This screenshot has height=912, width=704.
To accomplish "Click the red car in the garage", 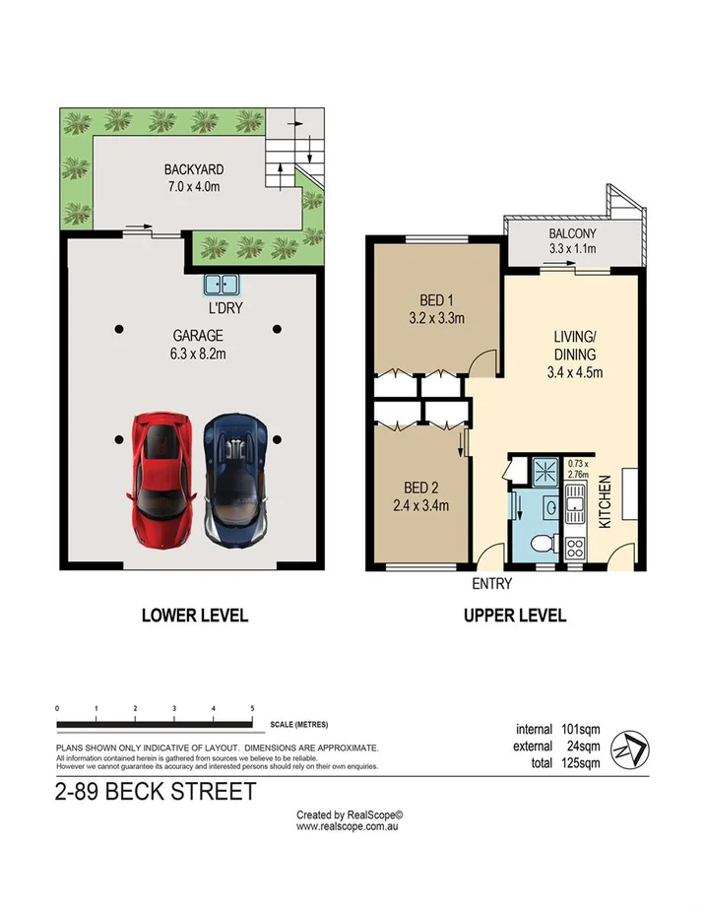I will [x=159, y=480].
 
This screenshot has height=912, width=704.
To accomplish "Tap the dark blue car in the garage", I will [x=234, y=480].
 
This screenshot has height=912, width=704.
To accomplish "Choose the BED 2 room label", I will [x=414, y=497].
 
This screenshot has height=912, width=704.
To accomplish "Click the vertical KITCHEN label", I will [x=605, y=502].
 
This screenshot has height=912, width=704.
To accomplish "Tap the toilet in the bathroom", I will [x=540, y=543].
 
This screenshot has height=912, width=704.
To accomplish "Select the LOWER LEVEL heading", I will [x=194, y=617].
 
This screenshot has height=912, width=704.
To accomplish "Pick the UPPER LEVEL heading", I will [x=515, y=617].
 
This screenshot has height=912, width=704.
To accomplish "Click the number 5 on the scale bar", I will [x=252, y=709].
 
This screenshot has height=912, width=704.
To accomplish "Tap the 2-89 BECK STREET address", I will [x=156, y=791].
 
